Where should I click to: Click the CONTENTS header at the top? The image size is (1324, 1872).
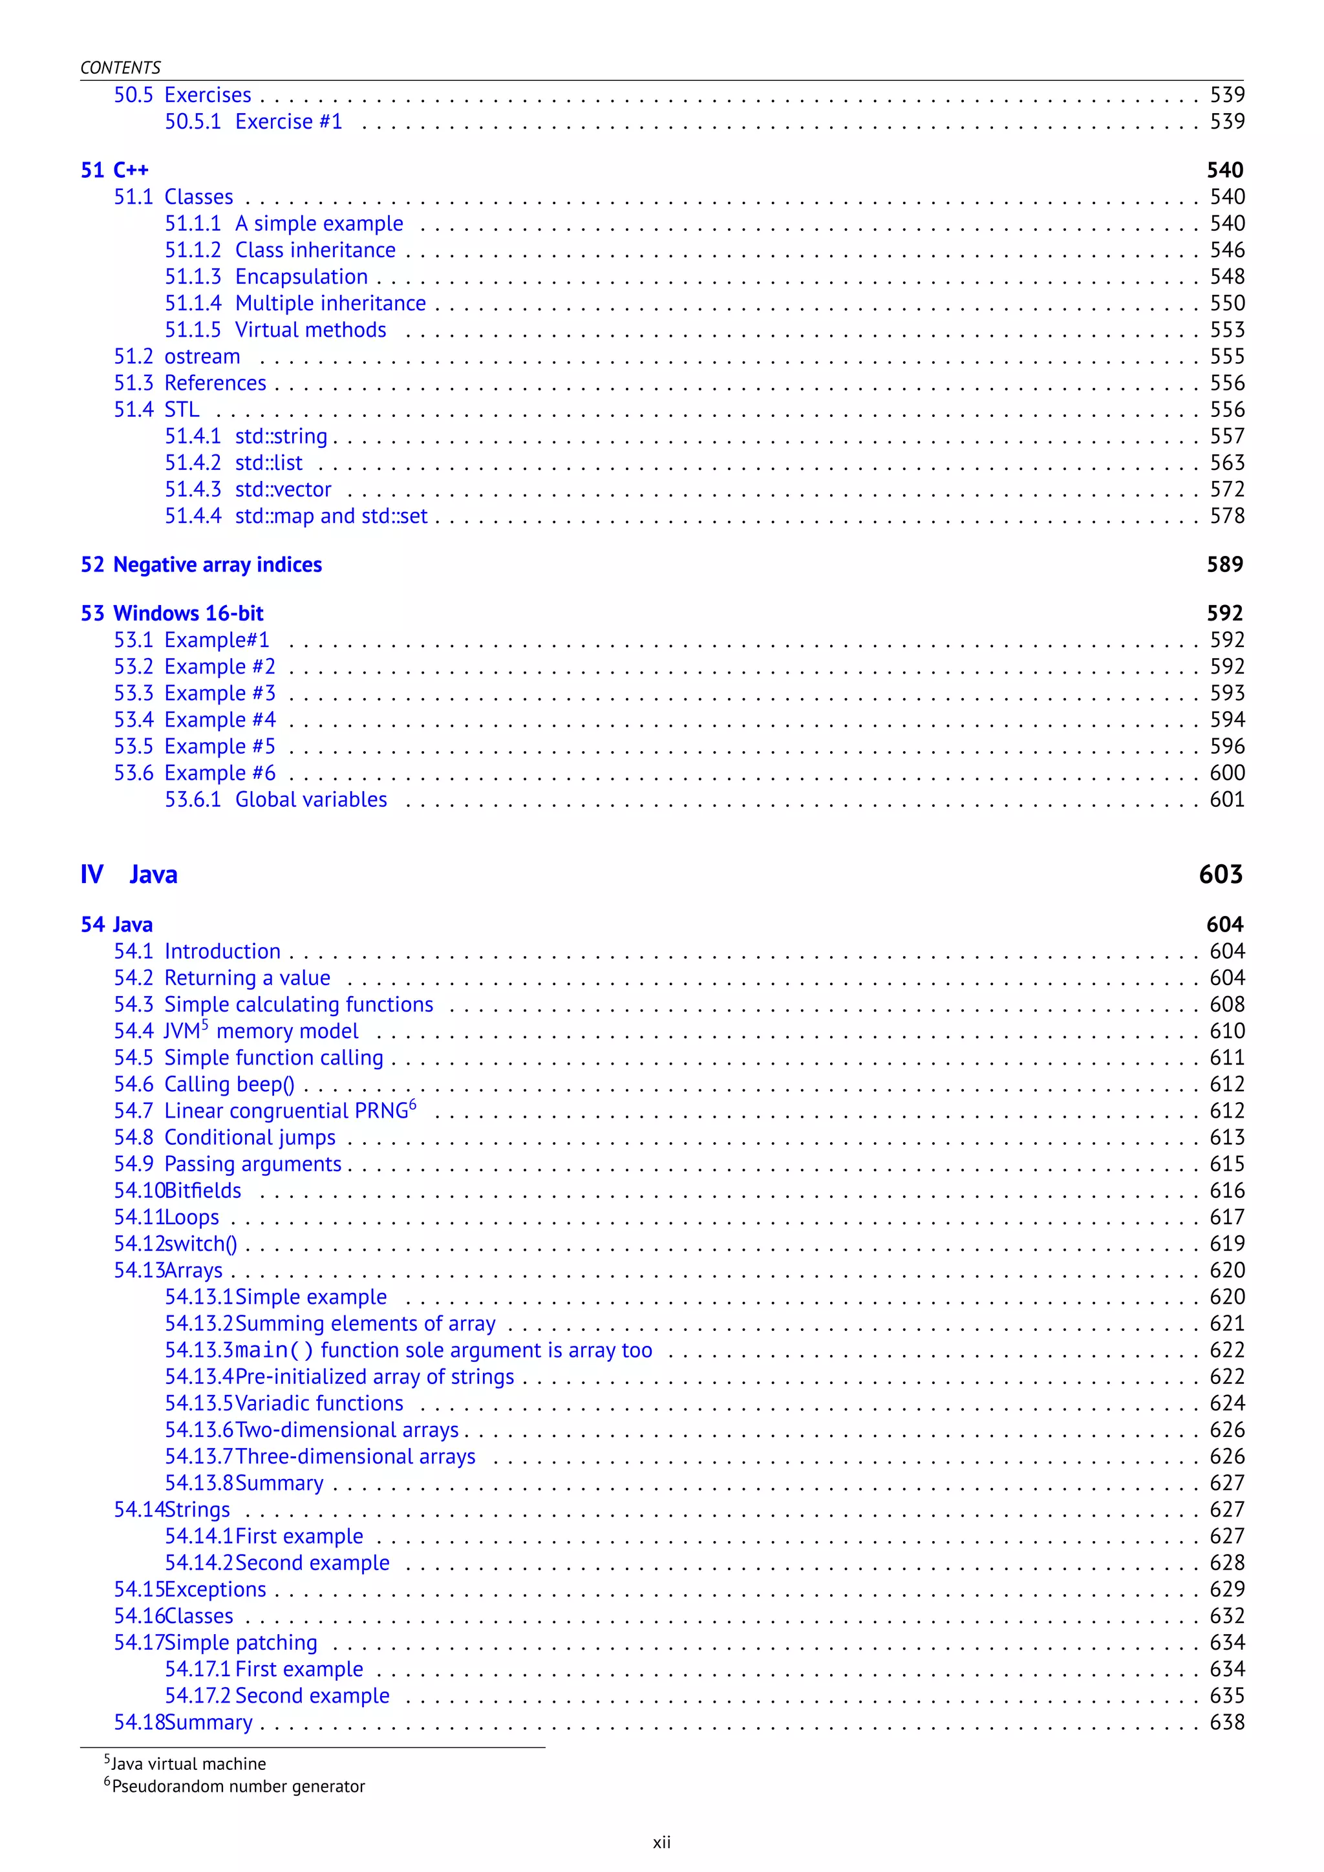click(x=121, y=68)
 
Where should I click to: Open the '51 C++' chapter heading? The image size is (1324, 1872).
click(x=115, y=171)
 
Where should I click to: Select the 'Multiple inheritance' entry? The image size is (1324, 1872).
click(x=330, y=303)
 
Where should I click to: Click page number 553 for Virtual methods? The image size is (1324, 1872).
click(x=1227, y=330)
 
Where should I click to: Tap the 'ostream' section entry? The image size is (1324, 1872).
click(x=202, y=357)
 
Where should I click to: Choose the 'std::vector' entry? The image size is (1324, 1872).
click(x=283, y=490)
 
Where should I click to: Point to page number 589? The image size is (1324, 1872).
click(x=1224, y=565)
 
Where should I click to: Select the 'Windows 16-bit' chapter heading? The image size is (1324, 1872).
click(x=188, y=614)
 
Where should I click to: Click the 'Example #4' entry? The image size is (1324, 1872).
click(x=219, y=720)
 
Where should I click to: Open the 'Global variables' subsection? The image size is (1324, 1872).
click(x=310, y=800)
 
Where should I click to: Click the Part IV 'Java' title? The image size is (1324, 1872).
click(x=153, y=875)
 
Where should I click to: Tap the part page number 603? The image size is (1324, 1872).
click(x=1221, y=875)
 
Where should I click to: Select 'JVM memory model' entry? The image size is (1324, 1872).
click(x=261, y=1032)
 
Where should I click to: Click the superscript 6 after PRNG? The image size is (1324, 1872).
click(x=412, y=1105)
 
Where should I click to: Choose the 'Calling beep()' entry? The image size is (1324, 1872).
click(x=229, y=1085)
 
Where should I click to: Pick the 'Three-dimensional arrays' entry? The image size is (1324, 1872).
click(x=355, y=1457)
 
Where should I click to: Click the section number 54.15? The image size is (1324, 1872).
click(x=138, y=1590)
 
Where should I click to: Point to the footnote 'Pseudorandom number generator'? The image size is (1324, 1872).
click(x=238, y=1787)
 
